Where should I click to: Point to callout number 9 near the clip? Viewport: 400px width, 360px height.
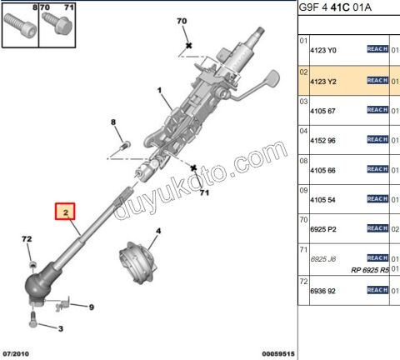92,306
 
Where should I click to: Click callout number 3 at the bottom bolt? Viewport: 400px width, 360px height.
60,329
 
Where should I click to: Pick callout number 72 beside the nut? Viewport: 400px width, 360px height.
27,240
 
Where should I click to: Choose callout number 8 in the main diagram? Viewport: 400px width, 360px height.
114,123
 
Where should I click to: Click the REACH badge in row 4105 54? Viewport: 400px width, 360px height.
377,199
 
